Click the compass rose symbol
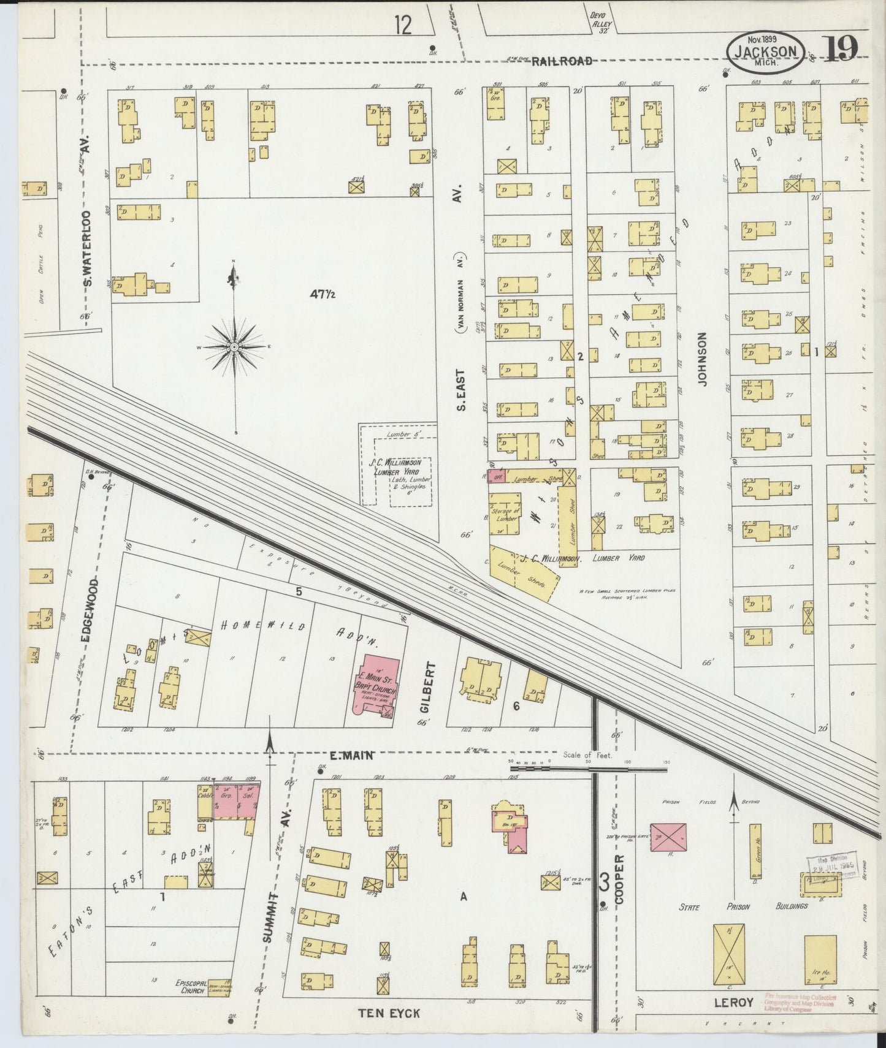pyautogui.click(x=234, y=347)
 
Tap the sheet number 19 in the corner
pyautogui.click(x=839, y=50)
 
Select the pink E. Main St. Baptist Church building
pyautogui.click(x=373, y=685)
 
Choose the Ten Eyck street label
pyautogui.click(x=389, y=1013)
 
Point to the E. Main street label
pyautogui.click(x=351, y=756)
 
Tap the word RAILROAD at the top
pyautogui.click(x=562, y=61)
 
